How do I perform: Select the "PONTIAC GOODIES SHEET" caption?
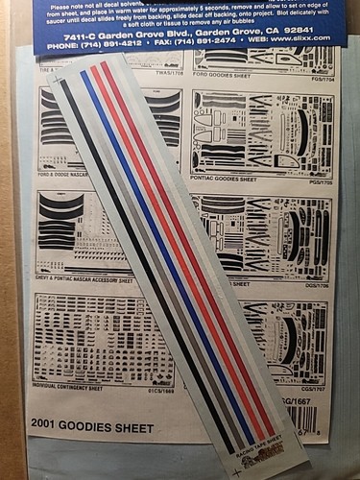pos(231,180)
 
